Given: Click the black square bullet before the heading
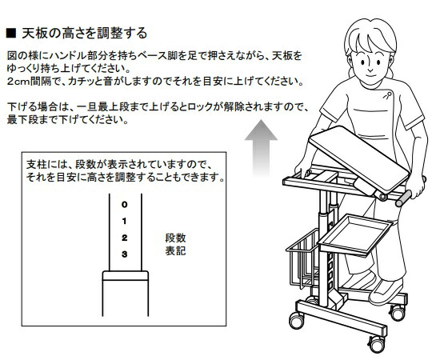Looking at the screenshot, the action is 11,33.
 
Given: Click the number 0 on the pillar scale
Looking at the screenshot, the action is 125,205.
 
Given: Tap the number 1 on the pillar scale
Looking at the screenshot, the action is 124,221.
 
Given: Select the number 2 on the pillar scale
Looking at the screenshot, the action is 125,238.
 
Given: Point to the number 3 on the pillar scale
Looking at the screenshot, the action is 125,254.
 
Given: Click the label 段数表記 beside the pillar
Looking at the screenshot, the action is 175,244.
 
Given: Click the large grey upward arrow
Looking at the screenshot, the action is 261,148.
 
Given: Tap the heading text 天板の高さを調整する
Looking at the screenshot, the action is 84,34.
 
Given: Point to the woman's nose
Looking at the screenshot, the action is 370,68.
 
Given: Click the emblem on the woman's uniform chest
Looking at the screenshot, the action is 387,95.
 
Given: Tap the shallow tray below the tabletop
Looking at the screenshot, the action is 355,235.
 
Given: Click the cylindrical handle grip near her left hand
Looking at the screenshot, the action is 404,199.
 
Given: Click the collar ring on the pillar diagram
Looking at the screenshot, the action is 126,276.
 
